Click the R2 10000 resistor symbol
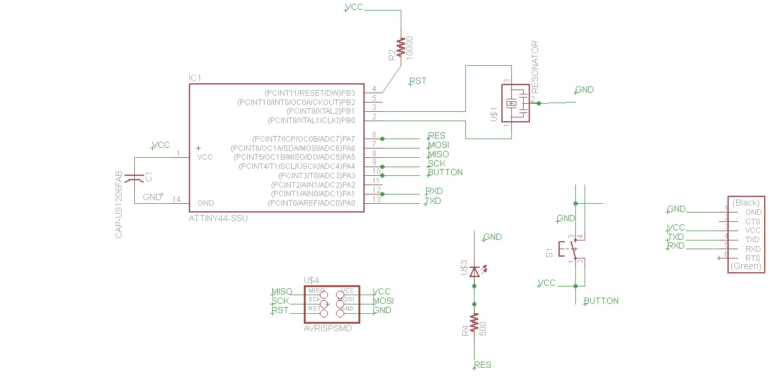click(x=401, y=48)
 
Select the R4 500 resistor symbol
click(x=474, y=323)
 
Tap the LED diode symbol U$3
click(x=475, y=272)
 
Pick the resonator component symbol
click(x=515, y=103)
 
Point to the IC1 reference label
click(x=195, y=78)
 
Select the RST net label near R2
click(x=418, y=81)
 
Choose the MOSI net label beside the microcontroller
click(x=439, y=145)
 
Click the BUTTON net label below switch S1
click(x=601, y=301)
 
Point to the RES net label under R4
click(x=483, y=365)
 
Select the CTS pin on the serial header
click(x=752, y=221)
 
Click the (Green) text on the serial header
click(x=745, y=267)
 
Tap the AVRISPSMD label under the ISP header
click(x=328, y=328)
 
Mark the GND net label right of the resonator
click(x=585, y=89)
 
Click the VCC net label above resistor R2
click(x=354, y=7)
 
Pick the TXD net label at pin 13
click(x=433, y=201)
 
